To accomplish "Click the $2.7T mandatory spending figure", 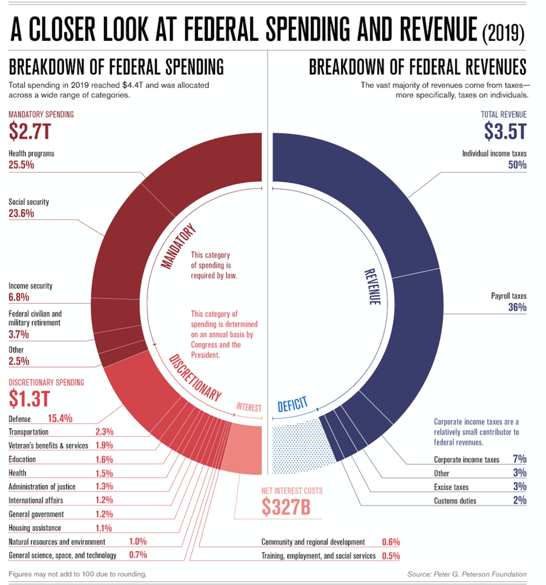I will tap(30, 131).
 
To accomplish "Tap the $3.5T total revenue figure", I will tap(505, 131).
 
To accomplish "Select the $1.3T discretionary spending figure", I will tap(29, 399).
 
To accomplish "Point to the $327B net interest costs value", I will tap(286, 507).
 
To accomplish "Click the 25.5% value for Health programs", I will tap(21, 165).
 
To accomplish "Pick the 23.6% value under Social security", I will tap(21, 213).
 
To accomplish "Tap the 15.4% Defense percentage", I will tap(60, 418).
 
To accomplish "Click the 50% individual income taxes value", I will tap(517, 165).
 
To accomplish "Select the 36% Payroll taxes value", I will tap(517, 307).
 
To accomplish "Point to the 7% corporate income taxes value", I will tap(520, 459).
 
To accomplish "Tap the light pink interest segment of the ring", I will tap(247, 448).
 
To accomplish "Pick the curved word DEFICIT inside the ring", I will tap(292, 405).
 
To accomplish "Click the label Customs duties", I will tap(455, 501).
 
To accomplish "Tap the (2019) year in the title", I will tap(503, 34).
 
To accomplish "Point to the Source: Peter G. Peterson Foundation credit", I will tap(467, 574).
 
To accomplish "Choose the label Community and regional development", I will tap(313, 542).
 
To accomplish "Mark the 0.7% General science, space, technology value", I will tap(138, 555).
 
